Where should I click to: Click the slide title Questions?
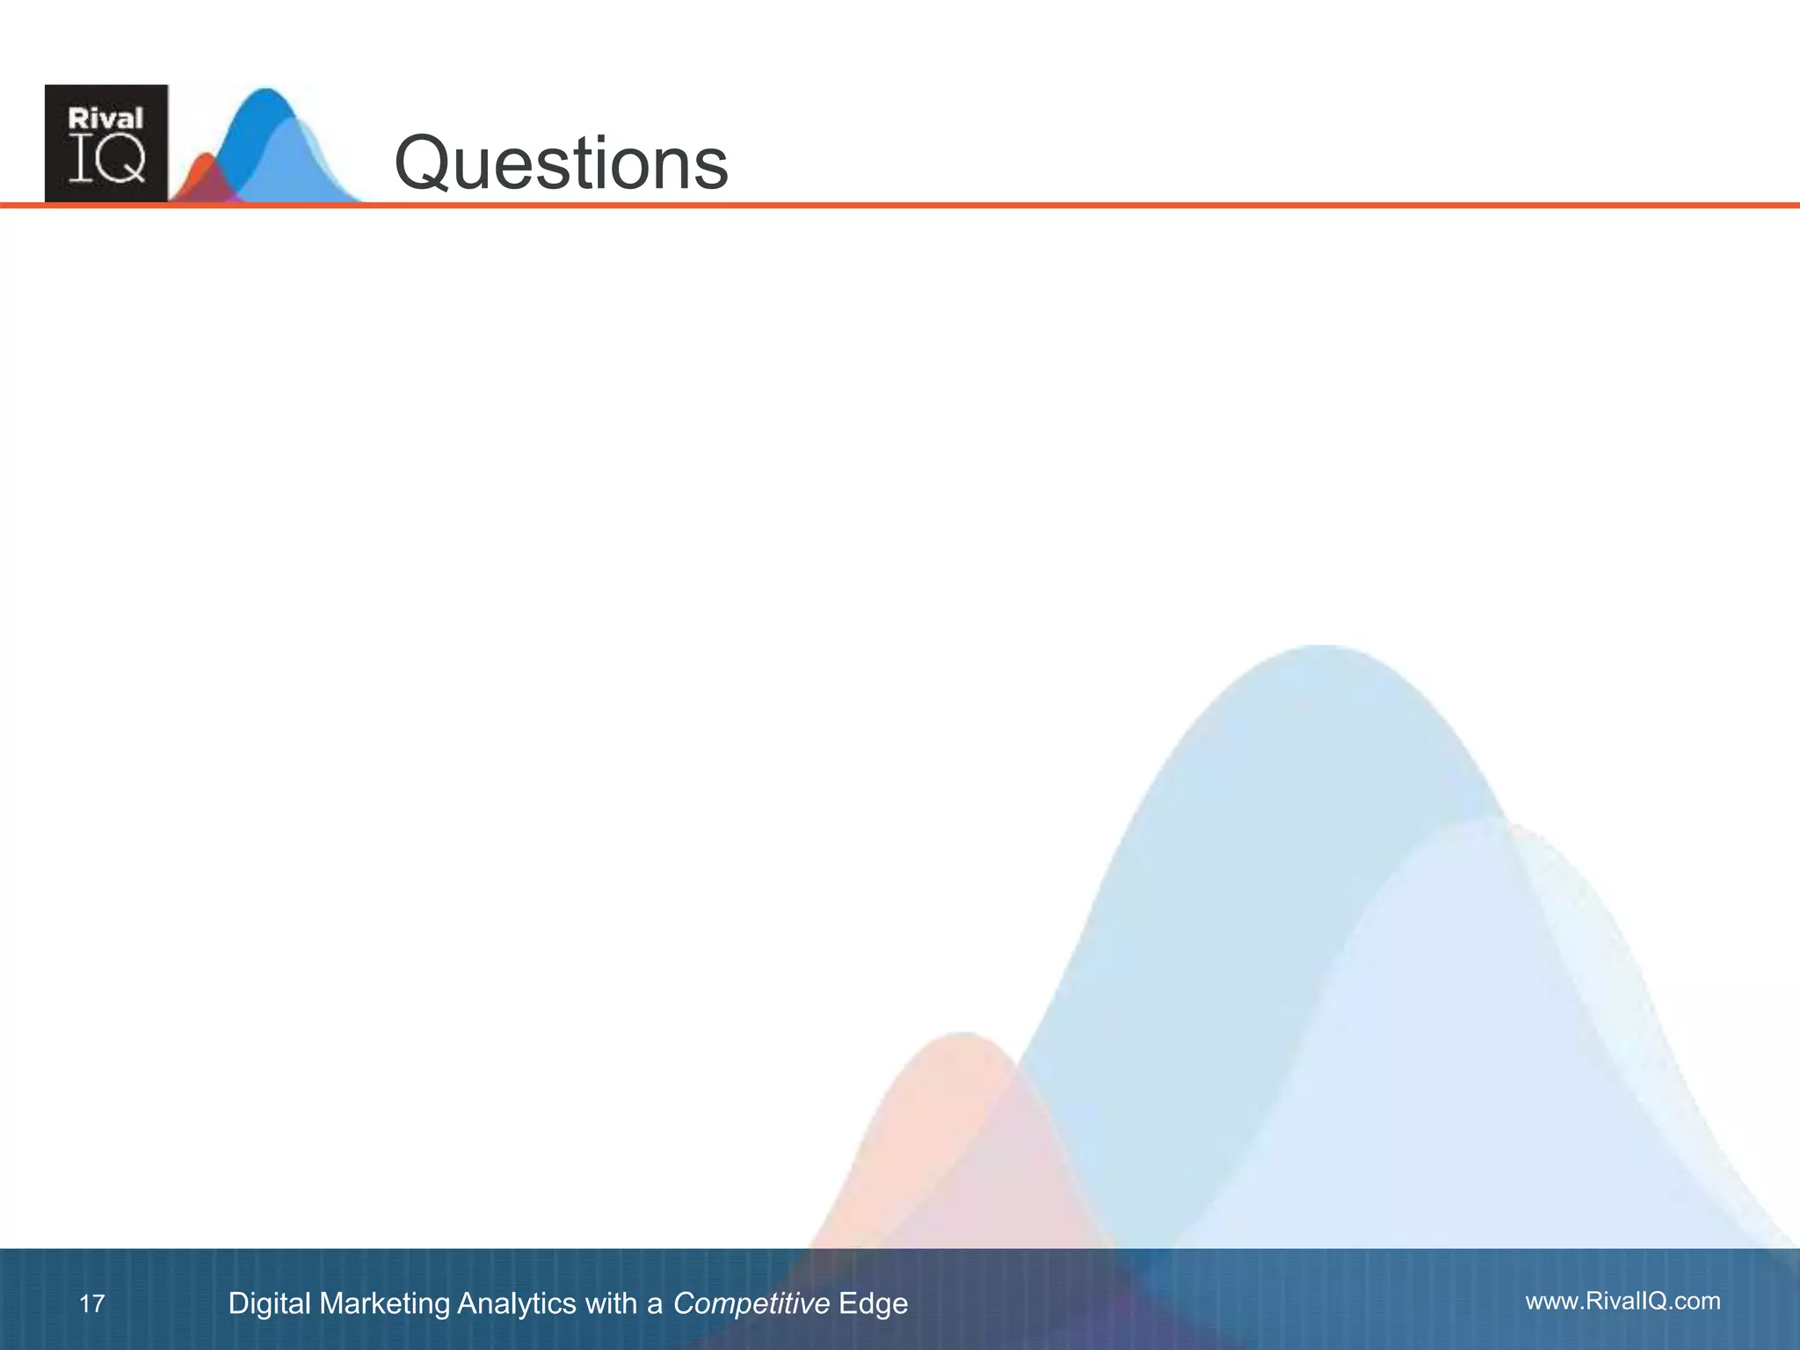(561, 163)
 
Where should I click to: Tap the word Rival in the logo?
(105, 119)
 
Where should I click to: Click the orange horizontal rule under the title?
(1055, 206)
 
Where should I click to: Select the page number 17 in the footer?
(91, 1303)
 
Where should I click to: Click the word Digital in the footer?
(269, 1303)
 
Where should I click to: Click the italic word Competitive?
(751, 1303)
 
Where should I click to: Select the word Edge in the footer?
(873, 1303)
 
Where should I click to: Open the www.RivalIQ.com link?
(1622, 1302)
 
